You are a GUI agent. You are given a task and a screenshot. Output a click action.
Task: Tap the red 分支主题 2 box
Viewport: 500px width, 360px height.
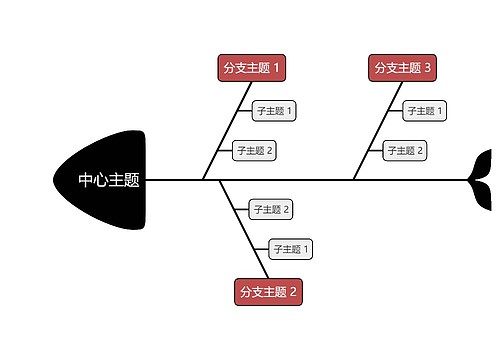pyautogui.click(x=268, y=292)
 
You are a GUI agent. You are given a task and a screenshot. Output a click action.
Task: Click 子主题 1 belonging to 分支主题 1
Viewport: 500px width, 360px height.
pyautogui.click(x=274, y=110)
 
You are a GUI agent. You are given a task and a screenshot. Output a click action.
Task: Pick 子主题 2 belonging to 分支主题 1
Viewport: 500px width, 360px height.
pyautogui.click(x=254, y=151)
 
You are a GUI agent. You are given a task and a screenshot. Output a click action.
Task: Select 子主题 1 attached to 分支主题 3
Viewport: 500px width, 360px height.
pyautogui.click(x=425, y=110)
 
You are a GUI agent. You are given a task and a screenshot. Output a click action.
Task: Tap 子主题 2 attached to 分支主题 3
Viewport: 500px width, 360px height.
pyautogui.click(x=405, y=151)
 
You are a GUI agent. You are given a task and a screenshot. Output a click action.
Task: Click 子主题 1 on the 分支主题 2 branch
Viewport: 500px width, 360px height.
pyautogui.click(x=291, y=249)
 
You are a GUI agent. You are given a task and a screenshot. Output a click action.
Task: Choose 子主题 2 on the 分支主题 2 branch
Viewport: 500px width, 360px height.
pyautogui.click(x=271, y=209)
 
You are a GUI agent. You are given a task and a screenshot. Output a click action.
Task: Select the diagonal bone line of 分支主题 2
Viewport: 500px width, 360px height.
pyautogui.click(x=244, y=230)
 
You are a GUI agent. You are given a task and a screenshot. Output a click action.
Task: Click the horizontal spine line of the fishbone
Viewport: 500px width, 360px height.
pyautogui.click(x=300, y=180)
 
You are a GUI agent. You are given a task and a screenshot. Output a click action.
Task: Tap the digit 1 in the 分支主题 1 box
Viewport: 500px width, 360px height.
pyautogui.click(x=277, y=68)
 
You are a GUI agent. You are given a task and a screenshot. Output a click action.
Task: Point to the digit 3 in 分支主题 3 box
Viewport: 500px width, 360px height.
pyautogui.click(x=428, y=68)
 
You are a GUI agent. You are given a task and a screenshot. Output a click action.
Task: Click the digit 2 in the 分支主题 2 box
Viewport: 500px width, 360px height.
pyautogui.click(x=294, y=292)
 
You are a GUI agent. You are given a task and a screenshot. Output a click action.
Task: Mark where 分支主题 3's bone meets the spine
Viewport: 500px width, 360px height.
pyautogui.click(x=353, y=180)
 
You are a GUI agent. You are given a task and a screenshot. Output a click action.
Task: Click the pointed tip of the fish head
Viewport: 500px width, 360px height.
pyautogui.click(x=55, y=180)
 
